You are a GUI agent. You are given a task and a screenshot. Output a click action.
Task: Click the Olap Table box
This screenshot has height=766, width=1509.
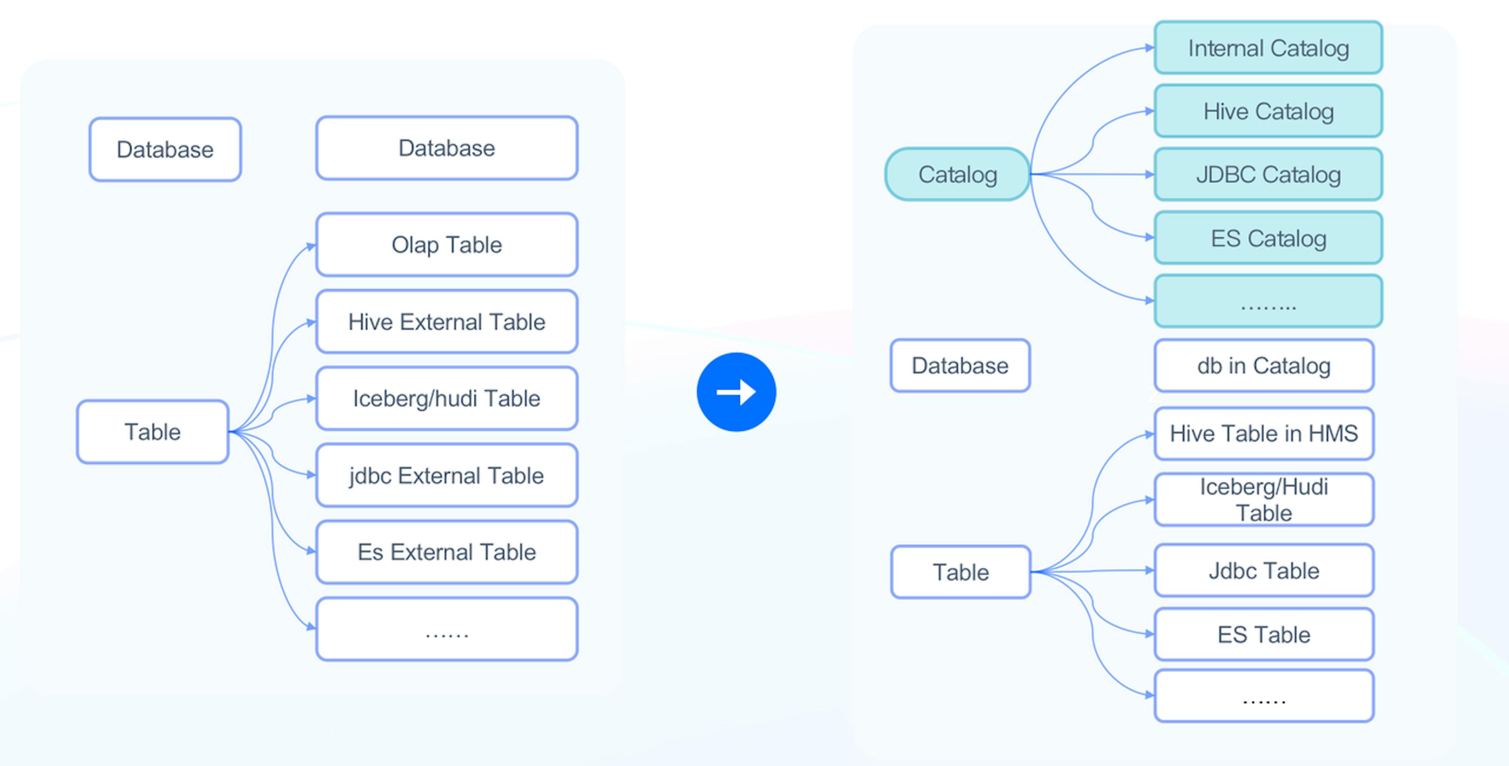(x=446, y=244)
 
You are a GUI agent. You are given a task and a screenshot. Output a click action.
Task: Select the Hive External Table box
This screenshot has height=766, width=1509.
(x=446, y=321)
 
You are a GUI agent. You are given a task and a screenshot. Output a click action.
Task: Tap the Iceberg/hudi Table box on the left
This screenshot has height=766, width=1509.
(x=446, y=398)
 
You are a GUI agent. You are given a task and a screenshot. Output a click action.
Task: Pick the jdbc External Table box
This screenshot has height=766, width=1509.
(x=446, y=475)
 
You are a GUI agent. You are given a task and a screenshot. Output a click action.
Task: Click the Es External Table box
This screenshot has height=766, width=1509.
(x=446, y=552)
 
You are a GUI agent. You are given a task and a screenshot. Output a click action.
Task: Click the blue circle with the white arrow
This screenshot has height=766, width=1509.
(x=736, y=392)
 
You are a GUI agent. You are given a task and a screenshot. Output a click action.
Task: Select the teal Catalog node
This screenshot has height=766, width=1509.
(x=957, y=174)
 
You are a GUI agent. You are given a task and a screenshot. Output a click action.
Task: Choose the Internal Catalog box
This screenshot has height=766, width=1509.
(x=1268, y=48)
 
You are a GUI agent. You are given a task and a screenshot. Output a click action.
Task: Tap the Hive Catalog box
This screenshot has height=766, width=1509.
(x=1268, y=111)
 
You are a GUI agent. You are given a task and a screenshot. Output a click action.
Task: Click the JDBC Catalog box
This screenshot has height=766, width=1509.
(x=1268, y=174)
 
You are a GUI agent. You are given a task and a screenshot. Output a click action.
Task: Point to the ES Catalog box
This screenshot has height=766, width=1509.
(x=1268, y=238)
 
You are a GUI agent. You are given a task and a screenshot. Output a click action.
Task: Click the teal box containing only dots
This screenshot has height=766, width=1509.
(x=1268, y=301)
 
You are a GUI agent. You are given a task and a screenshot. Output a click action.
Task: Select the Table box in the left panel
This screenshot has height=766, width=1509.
(x=152, y=432)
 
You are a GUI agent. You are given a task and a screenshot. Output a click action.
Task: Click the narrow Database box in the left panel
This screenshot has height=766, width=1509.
(x=165, y=149)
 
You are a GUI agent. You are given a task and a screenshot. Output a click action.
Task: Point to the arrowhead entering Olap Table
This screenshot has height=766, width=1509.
(x=312, y=246)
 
